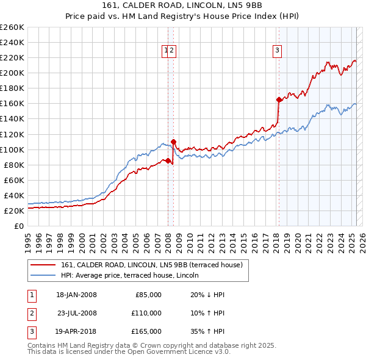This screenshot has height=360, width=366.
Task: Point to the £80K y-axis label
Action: pyautogui.click(x=13, y=165)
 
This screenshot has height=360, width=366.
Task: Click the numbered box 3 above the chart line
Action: pyautogui.click(x=277, y=51)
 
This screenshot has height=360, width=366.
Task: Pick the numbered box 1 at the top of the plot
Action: pyautogui.click(x=165, y=51)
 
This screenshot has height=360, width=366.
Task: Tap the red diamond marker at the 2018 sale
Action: pyautogui.click(x=279, y=99)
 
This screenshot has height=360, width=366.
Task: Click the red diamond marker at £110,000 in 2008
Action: pyautogui.click(x=174, y=142)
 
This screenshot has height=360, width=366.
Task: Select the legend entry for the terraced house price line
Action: pyautogui.click(x=152, y=265)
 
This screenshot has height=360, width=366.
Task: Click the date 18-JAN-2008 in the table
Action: pyautogui.click(x=76, y=295)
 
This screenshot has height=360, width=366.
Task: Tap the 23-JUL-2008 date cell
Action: pyautogui.click(x=77, y=313)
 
